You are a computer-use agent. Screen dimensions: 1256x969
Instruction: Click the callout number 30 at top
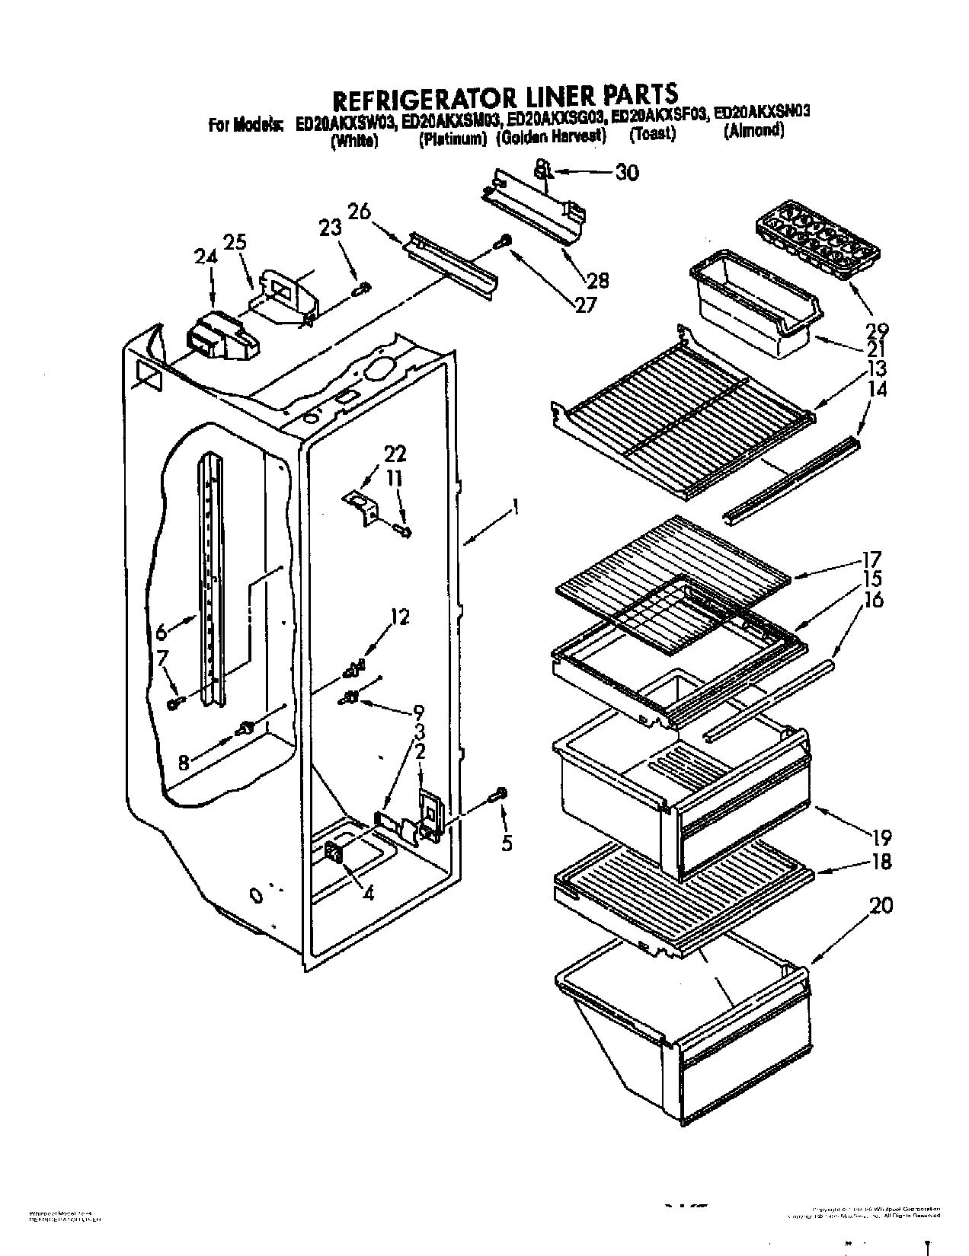tap(626, 174)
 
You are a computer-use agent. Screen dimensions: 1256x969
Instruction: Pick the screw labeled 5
tap(500, 796)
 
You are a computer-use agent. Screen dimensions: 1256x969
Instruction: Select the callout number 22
tap(395, 456)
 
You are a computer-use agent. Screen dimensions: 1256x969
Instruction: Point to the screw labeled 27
tap(504, 241)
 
